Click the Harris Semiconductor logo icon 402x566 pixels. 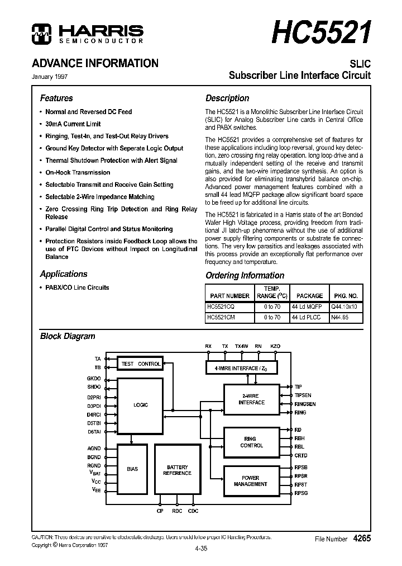pos(41,34)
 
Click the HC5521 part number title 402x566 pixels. pos(321,32)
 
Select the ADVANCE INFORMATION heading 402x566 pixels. pos(95,63)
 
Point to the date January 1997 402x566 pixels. pos(50,77)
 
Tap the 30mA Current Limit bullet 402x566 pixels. pos(73,124)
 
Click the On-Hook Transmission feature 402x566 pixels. pos(78,172)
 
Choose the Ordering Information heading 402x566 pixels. pos(245,275)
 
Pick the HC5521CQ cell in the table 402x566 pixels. pos(221,307)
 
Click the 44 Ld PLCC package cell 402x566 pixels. pos(307,317)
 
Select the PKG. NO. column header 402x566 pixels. pos(346,296)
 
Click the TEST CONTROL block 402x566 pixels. pos(141,364)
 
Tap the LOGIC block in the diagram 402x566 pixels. pos(140,405)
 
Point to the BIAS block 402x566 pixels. pos(132,469)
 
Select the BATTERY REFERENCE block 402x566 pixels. pos(178,470)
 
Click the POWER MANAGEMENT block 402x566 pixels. pos(251,481)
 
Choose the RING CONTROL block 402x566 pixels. pos(251,442)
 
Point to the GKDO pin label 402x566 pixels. pos(94,379)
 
